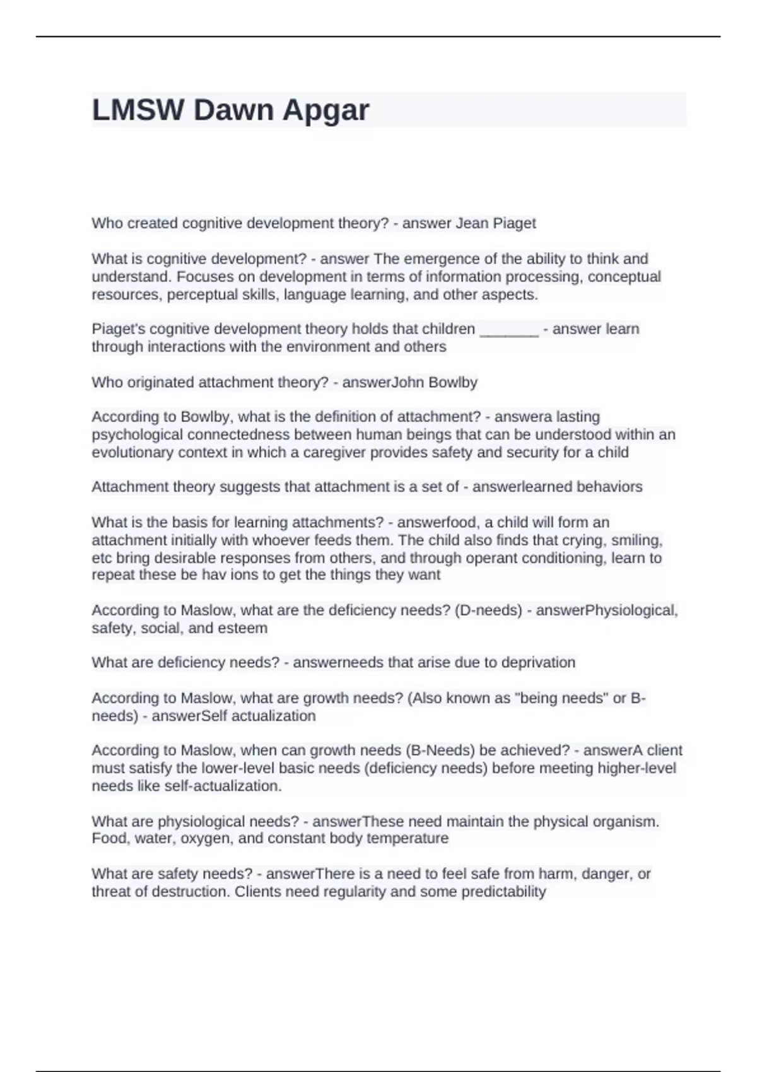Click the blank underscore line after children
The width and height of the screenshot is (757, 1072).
point(509,329)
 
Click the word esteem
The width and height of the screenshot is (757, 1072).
point(242,628)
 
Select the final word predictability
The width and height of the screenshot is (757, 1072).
point(503,892)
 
